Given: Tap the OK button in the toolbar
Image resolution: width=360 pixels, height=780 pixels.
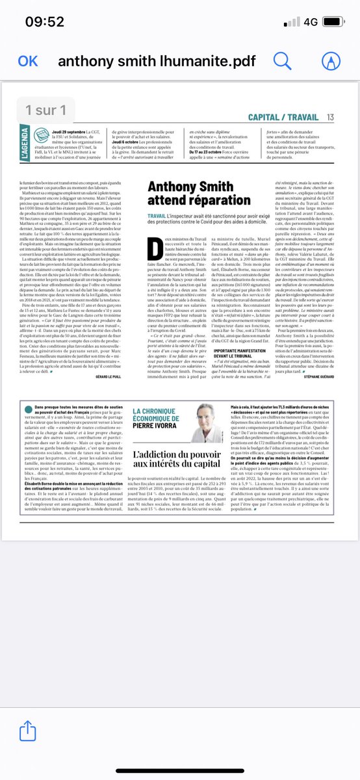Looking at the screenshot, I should point(28,61).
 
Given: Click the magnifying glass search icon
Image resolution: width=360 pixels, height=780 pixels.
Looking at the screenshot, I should point(283,61).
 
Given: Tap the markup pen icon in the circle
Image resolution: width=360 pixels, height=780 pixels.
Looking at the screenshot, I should point(331,61).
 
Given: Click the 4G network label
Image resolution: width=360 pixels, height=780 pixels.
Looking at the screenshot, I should point(309,22).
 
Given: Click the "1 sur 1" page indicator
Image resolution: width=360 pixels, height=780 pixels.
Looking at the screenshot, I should point(45,110).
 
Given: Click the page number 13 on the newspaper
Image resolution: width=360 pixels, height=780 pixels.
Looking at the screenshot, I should point(330,117).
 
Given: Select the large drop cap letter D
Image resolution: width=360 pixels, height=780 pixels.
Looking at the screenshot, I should point(156,247).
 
